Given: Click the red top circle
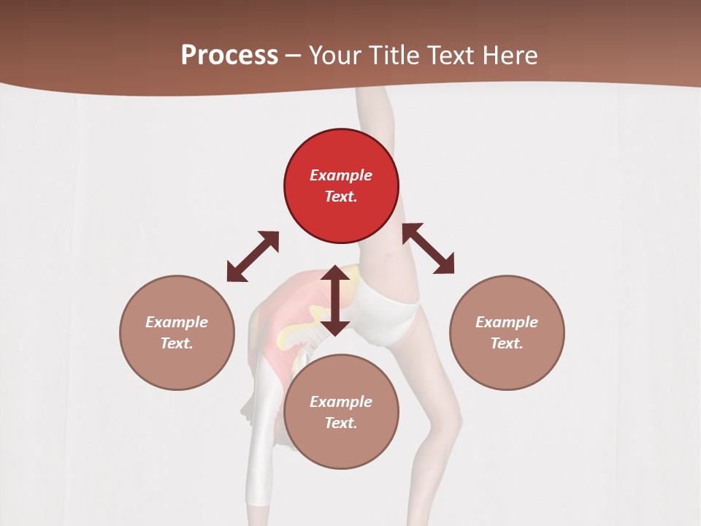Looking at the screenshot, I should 341,186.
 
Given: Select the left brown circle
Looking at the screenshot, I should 177,332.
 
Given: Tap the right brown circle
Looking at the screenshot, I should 507,332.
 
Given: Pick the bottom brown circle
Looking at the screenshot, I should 341,412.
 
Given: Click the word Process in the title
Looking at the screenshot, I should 229,56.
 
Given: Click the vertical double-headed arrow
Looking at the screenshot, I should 335,300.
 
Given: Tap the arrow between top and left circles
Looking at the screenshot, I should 253,256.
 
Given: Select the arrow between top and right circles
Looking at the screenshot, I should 429,248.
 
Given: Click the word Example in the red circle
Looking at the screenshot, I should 341,175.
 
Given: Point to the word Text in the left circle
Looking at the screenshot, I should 177,343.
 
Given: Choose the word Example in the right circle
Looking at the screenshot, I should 507,322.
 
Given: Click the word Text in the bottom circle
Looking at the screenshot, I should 341,423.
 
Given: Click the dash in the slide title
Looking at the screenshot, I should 293,56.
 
